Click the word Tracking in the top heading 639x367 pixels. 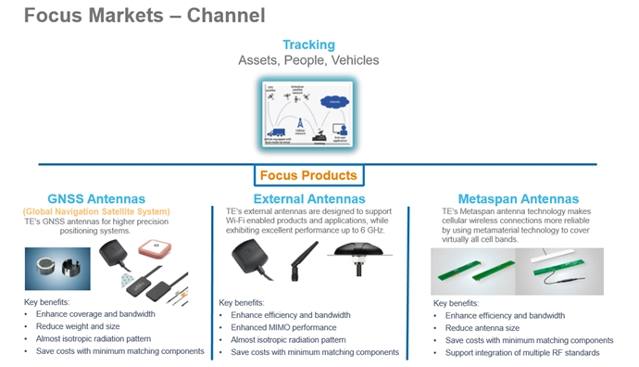[x=308, y=44]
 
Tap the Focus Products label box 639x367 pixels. [x=307, y=175]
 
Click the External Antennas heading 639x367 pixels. [x=309, y=198]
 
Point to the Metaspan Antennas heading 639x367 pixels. [x=519, y=198]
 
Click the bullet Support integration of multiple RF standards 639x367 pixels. [x=522, y=352]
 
